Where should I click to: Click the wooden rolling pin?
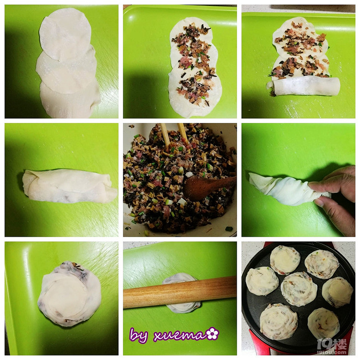point(180,292)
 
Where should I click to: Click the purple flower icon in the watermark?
point(213,334)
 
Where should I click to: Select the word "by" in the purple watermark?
point(138,336)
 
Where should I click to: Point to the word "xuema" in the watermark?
point(180,336)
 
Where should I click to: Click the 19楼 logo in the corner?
point(332,346)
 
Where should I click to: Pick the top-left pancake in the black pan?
point(285,260)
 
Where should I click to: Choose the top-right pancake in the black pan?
point(322,264)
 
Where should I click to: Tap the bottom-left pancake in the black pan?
point(278,321)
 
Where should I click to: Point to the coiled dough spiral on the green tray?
point(69,294)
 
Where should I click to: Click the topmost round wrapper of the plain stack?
point(65,35)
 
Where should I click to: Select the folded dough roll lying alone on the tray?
point(69,186)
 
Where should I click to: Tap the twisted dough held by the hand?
point(287,189)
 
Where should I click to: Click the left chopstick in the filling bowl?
point(165,135)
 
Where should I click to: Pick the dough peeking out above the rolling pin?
point(180,277)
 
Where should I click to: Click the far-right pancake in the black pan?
point(337,292)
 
